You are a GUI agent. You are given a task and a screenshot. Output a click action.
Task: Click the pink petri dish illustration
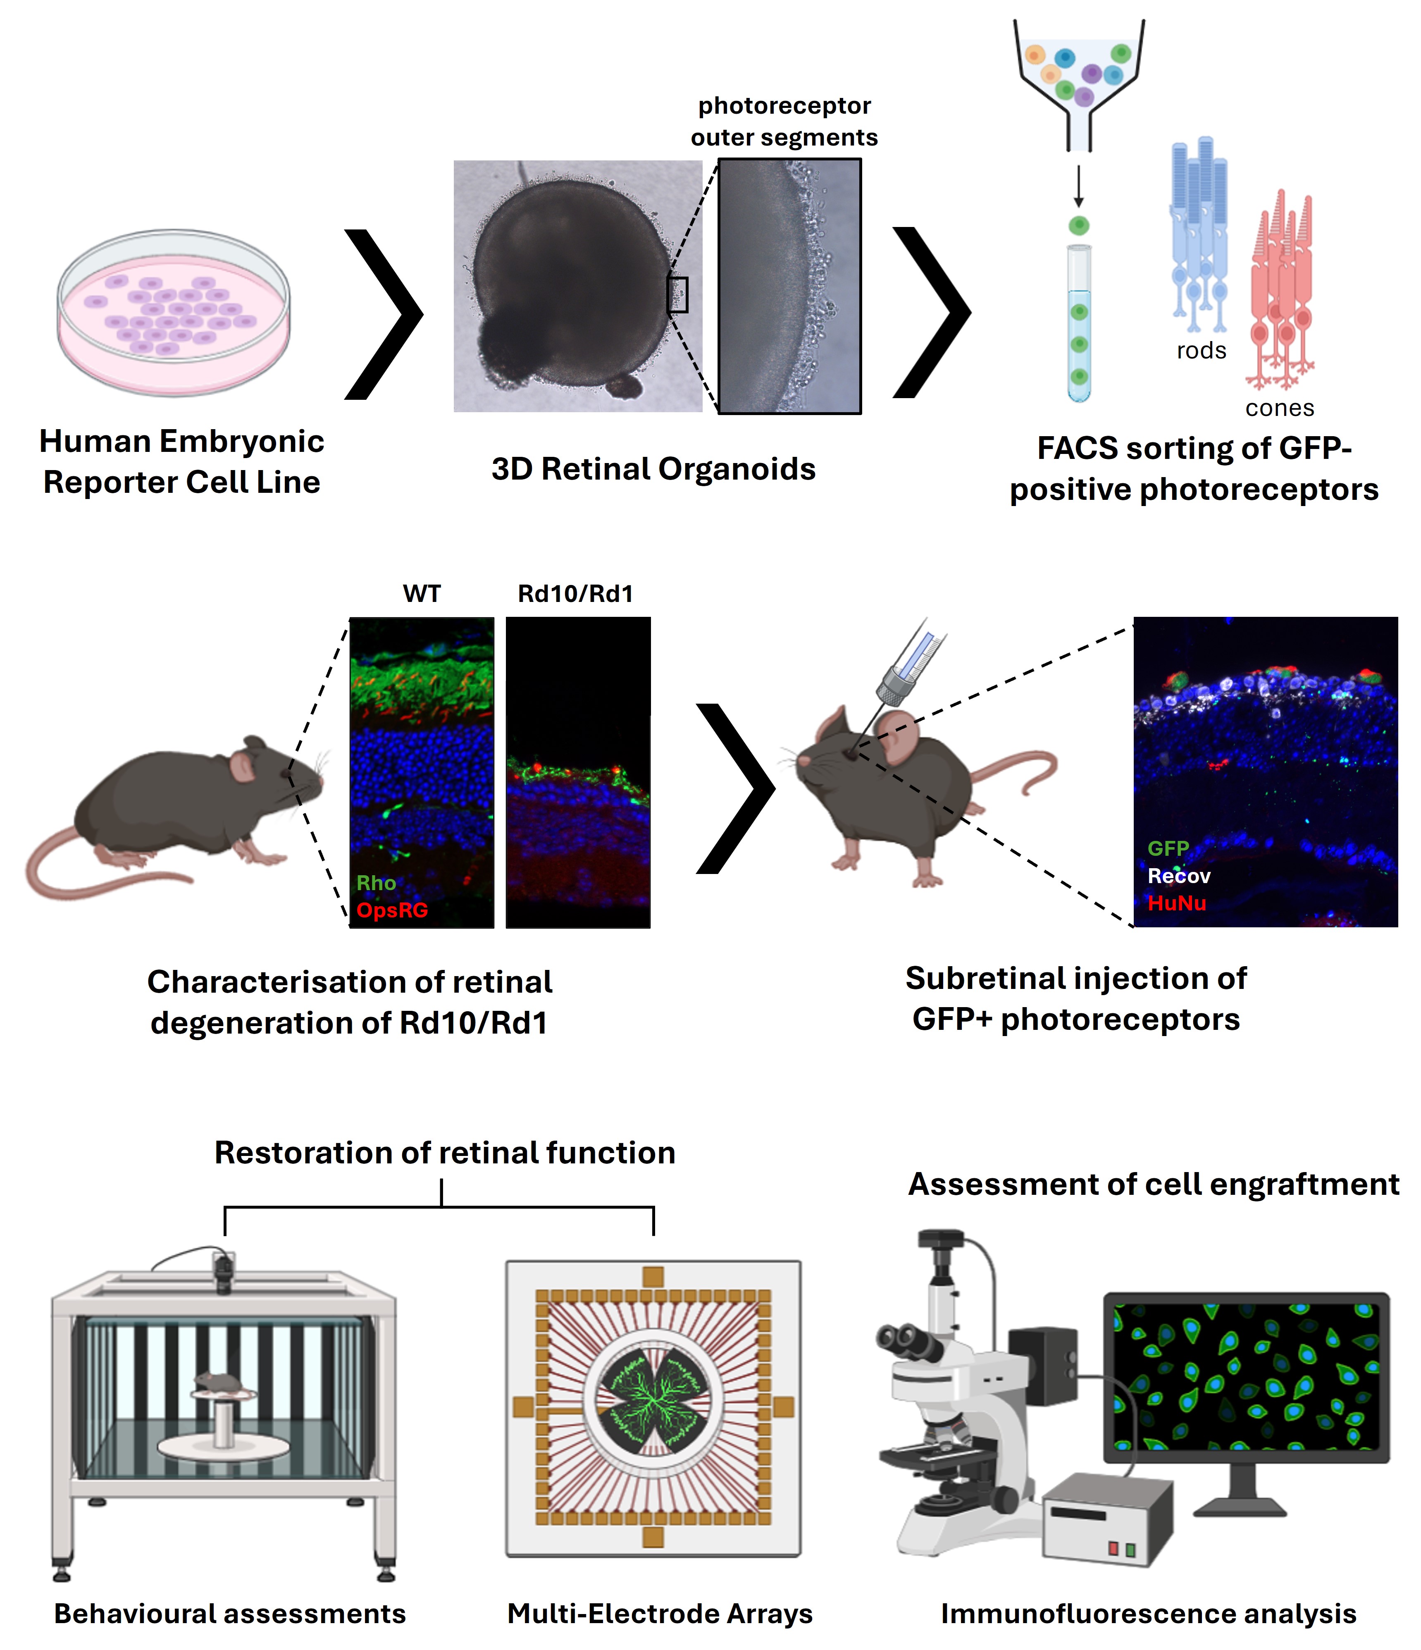[174, 312]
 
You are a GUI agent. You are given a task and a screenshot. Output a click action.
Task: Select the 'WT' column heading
[421, 594]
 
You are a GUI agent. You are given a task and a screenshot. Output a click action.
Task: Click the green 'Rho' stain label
[376, 883]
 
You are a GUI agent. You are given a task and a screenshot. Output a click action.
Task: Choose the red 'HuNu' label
[1177, 903]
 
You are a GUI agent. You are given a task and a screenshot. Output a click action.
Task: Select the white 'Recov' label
[1179, 876]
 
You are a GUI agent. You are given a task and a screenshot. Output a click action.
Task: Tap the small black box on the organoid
[677, 295]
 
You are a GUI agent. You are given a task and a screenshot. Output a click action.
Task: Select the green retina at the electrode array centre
[653, 1407]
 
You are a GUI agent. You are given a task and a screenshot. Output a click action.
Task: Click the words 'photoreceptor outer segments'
[784, 121]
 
